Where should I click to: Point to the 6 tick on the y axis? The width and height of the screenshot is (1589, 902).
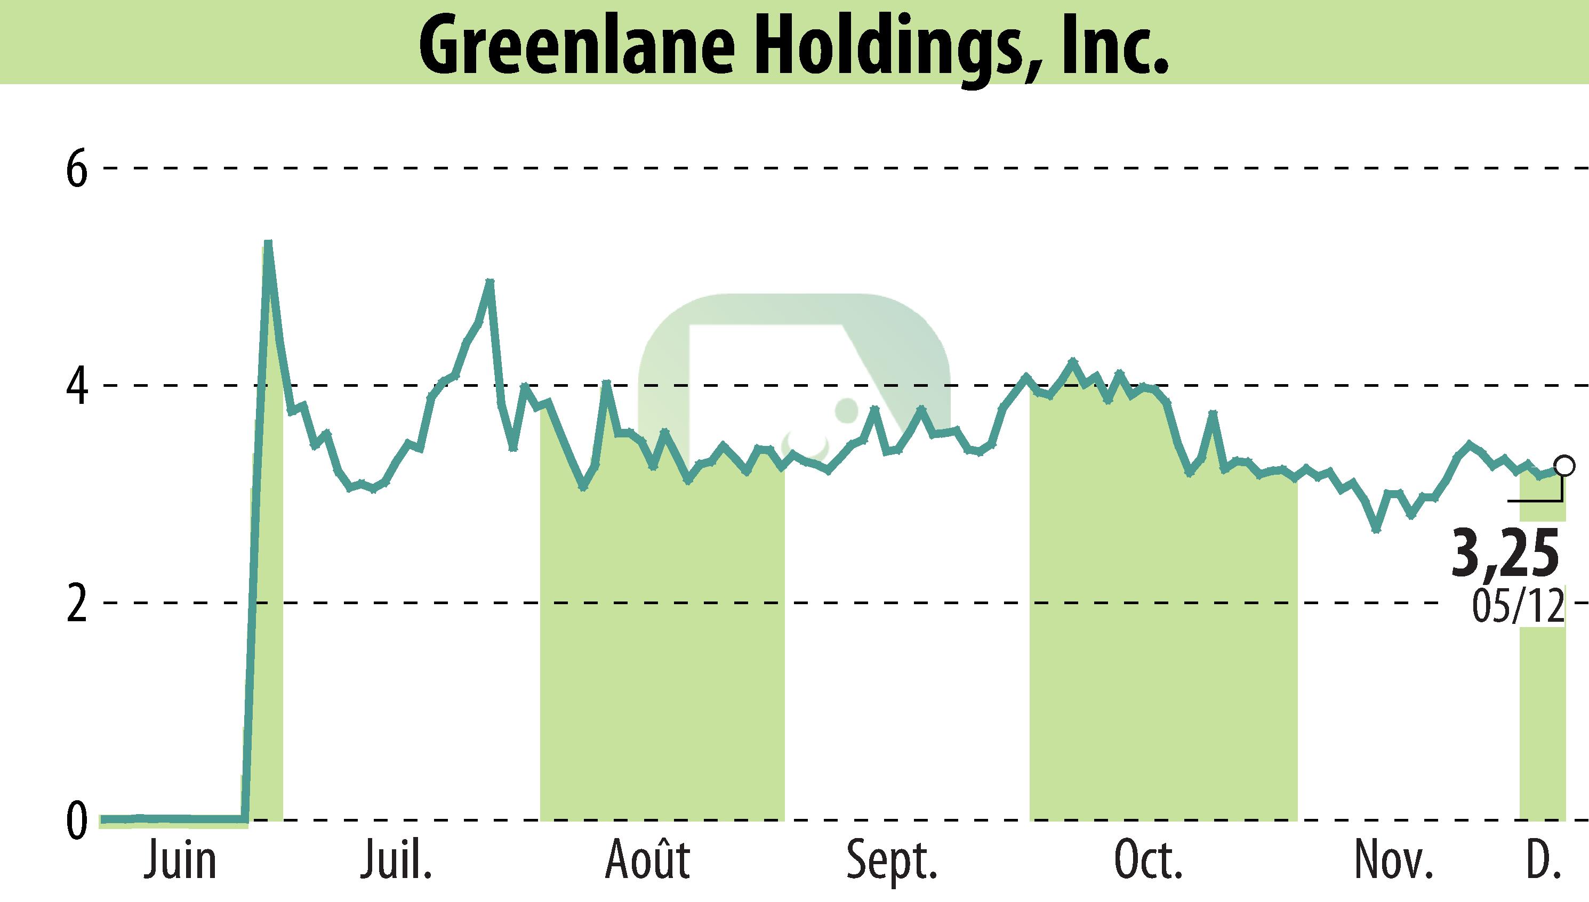click(77, 168)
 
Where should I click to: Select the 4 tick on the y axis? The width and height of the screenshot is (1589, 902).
click(77, 385)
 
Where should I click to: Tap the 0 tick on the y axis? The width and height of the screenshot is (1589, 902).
click(77, 822)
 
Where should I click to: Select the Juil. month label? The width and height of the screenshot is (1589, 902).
click(396, 861)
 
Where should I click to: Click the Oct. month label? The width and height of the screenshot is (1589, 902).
click(1148, 861)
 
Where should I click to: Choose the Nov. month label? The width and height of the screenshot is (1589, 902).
click(1394, 861)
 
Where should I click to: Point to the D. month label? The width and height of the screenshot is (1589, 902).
click(1542, 861)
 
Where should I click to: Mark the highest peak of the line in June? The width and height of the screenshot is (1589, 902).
click(268, 243)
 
